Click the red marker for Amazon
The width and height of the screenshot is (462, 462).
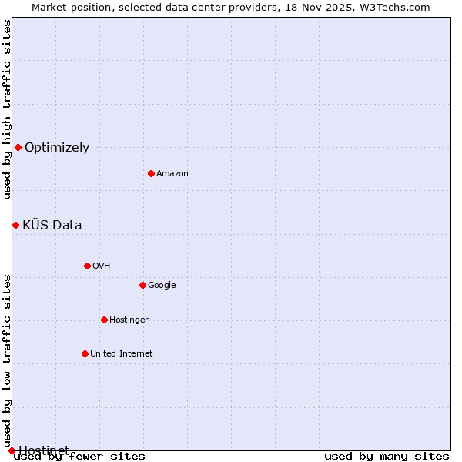click(x=151, y=173)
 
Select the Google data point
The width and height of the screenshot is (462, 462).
click(x=142, y=285)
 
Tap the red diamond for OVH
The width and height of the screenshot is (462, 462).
click(x=87, y=266)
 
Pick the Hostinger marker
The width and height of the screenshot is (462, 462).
click(x=104, y=320)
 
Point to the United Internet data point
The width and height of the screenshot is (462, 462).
click(x=85, y=353)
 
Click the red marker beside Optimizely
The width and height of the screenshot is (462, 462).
click(x=18, y=147)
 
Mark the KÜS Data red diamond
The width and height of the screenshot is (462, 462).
click(x=15, y=225)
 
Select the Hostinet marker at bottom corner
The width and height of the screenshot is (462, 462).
click(x=12, y=450)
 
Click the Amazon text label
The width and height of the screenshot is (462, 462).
click(x=172, y=174)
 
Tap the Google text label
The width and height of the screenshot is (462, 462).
click(x=162, y=286)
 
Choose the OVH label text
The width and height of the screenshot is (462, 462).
click(x=101, y=266)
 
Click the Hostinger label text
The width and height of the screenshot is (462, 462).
click(x=129, y=320)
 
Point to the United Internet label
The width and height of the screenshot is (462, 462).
click(x=121, y=354)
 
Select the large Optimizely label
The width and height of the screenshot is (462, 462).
click(x=57, y=148)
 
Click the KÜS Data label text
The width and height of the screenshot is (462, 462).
click(x=52, y=226)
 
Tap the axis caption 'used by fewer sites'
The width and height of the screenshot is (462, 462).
click(x=79, y=457)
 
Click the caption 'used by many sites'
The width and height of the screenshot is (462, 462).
click(x=387, y=457)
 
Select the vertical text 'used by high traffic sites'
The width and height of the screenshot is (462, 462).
click(x=7, y=109)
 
